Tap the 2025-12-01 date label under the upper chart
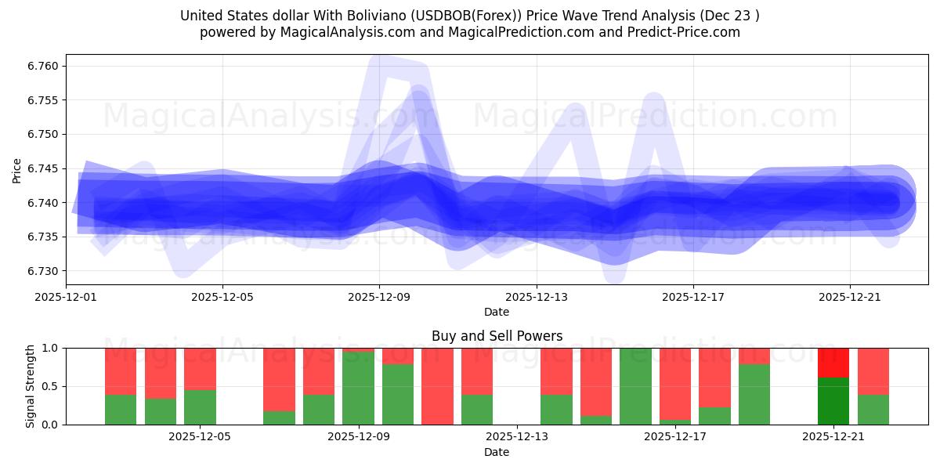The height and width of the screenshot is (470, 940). pos(66,298)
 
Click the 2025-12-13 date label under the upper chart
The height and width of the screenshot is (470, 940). pos(537,298)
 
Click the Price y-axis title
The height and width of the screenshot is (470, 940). pos(17,169)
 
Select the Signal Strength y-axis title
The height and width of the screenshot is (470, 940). pos(31,386)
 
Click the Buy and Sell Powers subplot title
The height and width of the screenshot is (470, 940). pos(497,336)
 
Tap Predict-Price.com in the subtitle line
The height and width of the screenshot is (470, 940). pos(681,32)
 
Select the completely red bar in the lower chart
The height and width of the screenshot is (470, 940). pos(437,386)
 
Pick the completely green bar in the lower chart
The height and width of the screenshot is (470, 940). pos(635,386)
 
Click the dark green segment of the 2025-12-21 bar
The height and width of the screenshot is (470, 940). pos(833,401)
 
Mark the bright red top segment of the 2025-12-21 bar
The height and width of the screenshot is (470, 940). pos(833,363)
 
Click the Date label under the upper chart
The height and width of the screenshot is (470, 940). pos(497,312)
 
